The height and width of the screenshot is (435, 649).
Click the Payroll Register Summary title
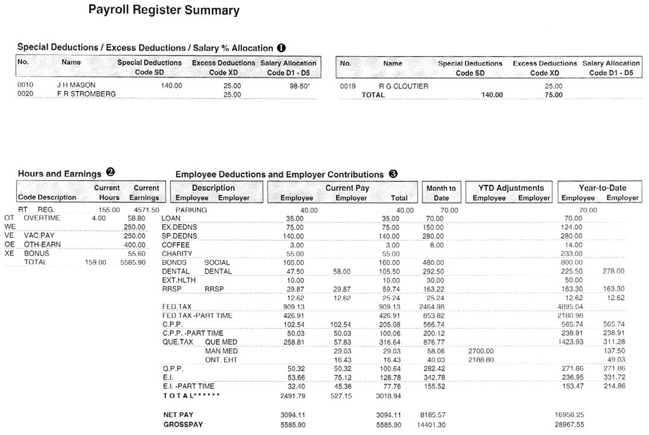click(x=164, y=10)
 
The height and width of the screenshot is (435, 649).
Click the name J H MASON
click(x=76, y=85)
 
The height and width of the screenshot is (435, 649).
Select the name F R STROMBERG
click(x=86, y=94)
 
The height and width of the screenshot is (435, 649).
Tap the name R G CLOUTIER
click(x=403, y=86)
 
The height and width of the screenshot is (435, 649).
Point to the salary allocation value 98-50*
click(x=300, y=85)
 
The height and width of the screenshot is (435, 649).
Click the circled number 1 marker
click(x=281, y=48)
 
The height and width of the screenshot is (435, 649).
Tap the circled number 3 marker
click(x=393, y=174)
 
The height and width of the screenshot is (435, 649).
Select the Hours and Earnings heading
click(x=60, y=174)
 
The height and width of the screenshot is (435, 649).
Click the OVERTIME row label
click(x=42, y=218)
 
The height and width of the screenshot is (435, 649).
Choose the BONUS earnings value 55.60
click(x=136, y=254)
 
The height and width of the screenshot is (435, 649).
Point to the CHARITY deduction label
click(x=176, y=254)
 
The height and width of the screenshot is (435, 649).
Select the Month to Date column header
click(x=441, y=193)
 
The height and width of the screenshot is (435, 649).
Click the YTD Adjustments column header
click(x=511, y=188)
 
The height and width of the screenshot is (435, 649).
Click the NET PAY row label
click(x=179, y=415)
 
